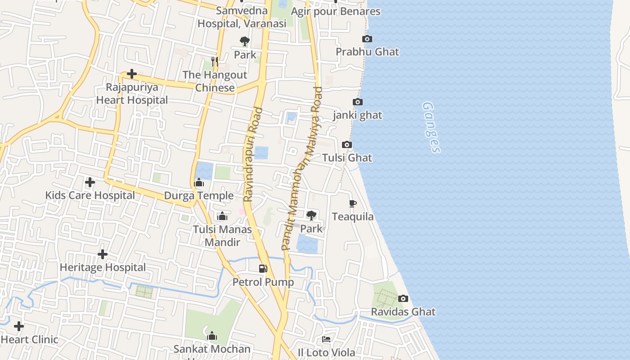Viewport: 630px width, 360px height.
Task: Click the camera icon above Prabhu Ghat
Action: point(367,39)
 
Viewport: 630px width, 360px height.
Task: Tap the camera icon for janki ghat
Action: point(358,102)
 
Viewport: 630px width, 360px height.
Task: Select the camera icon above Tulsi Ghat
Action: point(346,144)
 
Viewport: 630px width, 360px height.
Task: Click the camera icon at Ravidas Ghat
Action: point(403,298)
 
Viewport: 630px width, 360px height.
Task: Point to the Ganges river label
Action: point(431,127)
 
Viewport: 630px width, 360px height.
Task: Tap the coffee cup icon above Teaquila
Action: point(353,204)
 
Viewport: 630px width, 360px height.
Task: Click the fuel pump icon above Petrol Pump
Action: point(263,269)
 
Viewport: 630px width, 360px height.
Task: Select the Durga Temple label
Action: point(198,196)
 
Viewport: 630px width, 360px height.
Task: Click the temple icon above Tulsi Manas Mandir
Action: point(222,216)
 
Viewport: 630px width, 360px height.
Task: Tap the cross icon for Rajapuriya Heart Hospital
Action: point(132,73)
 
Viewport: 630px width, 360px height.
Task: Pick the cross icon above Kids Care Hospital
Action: point(90,182)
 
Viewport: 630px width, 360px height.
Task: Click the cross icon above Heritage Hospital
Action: point(103,254)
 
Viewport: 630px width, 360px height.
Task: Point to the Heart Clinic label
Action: point(30,339)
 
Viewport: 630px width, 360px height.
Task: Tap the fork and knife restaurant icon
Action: point(215,61)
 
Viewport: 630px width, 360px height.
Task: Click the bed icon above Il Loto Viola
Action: point(326,339)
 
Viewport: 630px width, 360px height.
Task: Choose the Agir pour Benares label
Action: point(336,11)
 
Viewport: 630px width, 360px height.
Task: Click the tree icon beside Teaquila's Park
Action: point(311,215)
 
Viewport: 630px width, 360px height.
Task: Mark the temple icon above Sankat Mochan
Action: point(212,336)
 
